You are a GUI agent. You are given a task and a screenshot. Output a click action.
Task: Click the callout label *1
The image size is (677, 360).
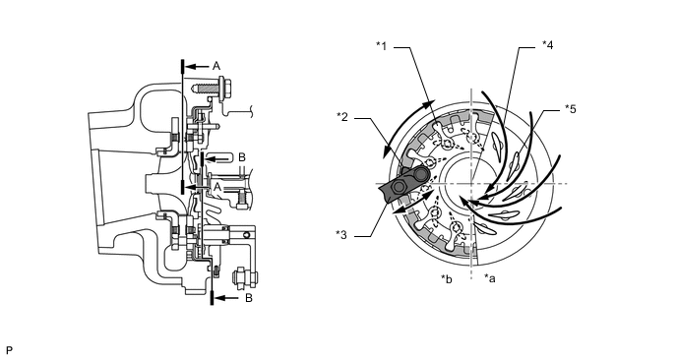point(381,46)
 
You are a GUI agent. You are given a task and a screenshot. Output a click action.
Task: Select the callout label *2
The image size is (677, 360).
point(342,116)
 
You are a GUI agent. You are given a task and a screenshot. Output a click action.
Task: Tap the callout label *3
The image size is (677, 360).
point(341,235)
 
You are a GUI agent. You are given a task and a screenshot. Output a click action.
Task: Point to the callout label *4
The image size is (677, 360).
point(547,45)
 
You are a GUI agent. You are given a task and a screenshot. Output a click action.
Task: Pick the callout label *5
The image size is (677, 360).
point(571,109)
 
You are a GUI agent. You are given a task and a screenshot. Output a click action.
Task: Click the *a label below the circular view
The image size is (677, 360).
point(490,278)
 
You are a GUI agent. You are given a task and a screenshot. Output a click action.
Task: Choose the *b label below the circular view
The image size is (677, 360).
point(447,278)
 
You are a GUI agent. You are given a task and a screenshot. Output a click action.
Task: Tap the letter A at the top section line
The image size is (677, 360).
point(216,66)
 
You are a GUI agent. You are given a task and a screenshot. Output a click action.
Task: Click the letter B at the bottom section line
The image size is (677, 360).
point(249,298)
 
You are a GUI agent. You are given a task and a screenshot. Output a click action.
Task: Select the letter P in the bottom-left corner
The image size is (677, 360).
point(10,350)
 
